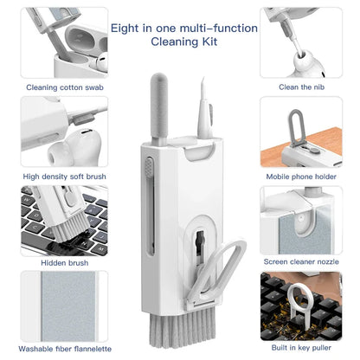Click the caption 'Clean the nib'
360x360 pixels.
tap(303, 87)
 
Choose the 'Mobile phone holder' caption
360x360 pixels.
tap(303, 177)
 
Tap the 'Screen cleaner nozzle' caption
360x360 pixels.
tap(303, 260)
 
